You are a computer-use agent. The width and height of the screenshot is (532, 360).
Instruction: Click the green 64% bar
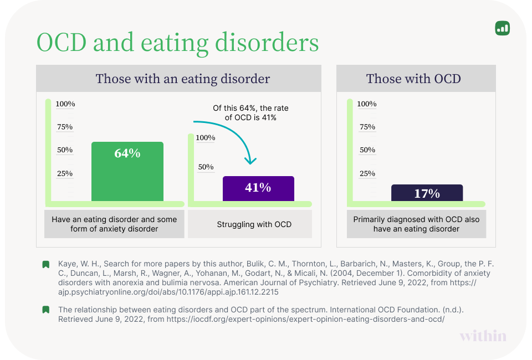point(127,172)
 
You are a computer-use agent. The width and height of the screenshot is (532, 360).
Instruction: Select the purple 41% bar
point(258,188)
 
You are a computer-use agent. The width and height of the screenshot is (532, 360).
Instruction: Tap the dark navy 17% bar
point(427,193)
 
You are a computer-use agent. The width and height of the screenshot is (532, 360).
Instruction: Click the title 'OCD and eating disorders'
point(177,42)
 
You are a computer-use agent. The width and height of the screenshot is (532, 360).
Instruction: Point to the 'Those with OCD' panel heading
point(413,79)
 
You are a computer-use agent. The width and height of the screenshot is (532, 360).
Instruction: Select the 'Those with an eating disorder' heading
point(183,79)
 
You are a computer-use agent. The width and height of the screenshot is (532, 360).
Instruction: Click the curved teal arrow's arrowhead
point(250,161)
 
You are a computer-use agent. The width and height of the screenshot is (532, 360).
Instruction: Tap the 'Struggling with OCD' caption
point(254,224)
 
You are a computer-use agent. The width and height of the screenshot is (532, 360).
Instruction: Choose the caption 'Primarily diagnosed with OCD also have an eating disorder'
point(416,224)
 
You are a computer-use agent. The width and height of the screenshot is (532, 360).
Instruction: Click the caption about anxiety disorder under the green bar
point(114,224)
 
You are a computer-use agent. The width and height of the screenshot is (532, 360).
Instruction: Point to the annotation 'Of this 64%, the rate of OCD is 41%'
point(250,112)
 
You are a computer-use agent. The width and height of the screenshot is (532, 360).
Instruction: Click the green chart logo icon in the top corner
point(502,28)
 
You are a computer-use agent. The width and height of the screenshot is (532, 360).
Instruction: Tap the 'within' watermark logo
point(483,336)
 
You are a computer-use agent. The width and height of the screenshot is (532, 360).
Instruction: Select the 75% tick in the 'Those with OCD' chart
point(367,127)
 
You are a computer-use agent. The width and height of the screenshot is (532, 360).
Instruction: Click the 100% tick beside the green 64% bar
point(65,104)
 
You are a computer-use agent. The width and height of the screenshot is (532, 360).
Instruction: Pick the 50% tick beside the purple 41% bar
point(206,167)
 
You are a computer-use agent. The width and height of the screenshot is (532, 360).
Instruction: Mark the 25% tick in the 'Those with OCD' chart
point(367,173)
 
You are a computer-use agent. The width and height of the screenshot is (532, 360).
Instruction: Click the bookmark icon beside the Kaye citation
point(46,264)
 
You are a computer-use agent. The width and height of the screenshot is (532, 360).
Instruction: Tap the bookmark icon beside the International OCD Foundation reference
point(46,310)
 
